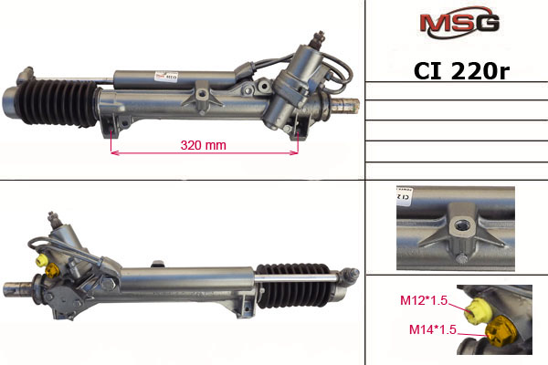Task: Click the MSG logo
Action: pos(459,22)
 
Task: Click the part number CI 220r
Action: pos(461,71)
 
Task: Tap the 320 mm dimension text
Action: pos(204,145)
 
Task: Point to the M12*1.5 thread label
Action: pos(424,300)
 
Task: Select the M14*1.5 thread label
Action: pos(433,329)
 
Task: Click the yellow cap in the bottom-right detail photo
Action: pos(477,311)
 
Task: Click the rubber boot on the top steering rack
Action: pos(56,102)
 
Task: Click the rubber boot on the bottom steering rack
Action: pos(293,286)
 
